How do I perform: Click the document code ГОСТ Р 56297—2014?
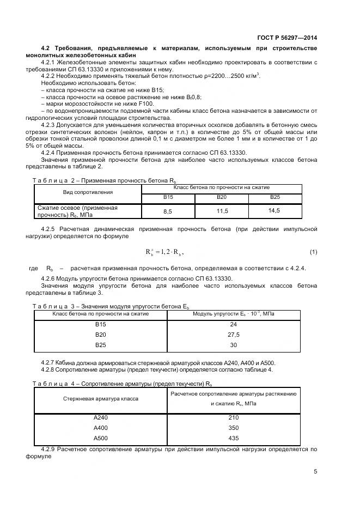coord(287,38)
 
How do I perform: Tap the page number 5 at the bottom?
coord(315,472)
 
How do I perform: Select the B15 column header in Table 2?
coord(168,197)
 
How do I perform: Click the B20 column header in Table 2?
coord(222,197)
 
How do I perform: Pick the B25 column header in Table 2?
coord(274,197)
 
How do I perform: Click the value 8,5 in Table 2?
coord(168,211)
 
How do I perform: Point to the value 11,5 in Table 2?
coord(222,211)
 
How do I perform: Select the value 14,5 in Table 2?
coord(274,210)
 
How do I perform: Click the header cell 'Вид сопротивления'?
coord(87,192)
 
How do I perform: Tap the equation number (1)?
coord(313,252)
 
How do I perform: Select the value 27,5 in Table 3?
coord(234,335)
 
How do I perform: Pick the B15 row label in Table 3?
coord(100,325)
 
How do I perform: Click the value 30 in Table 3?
coord(234,345)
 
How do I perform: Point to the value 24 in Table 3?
coord(234,325)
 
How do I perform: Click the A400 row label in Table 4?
coord(101,428)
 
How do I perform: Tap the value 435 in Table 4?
coord(234,439)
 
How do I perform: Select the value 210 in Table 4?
coord(234,418)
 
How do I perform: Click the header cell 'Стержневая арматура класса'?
coord(101,399)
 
